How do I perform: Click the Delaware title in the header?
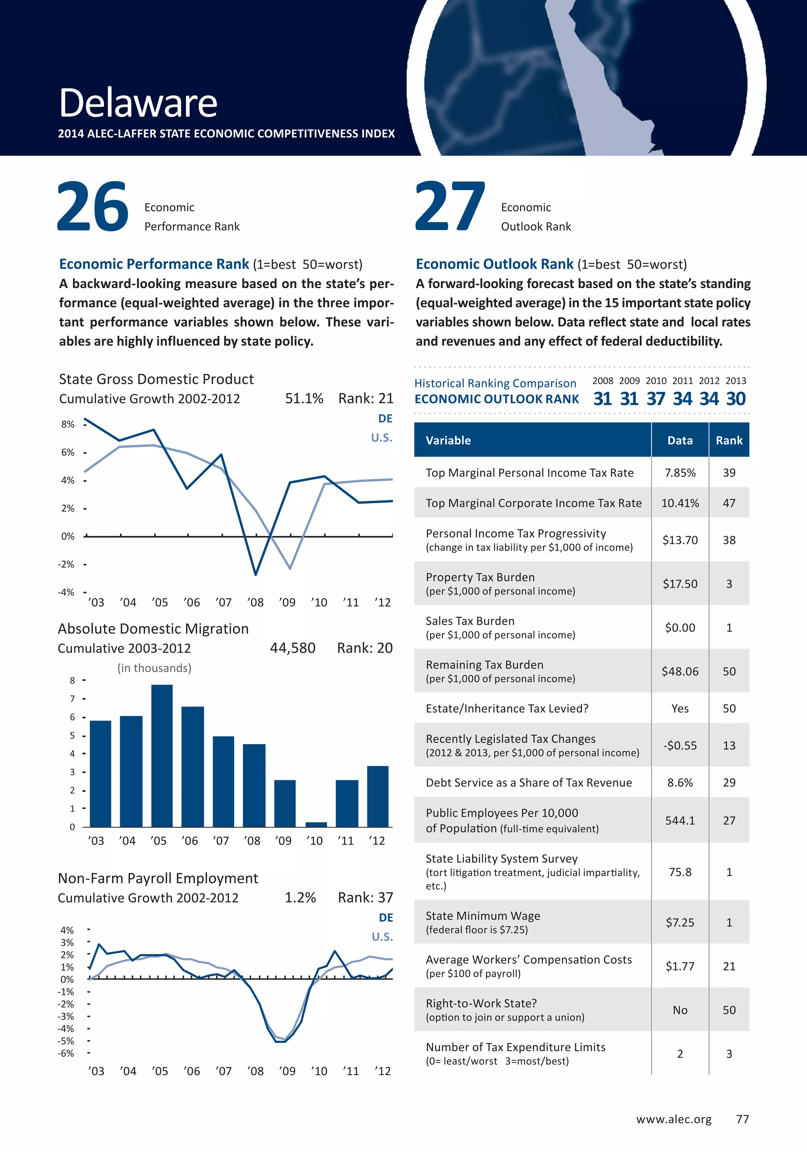tap(138, 103)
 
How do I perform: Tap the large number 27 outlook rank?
tap(450, 207)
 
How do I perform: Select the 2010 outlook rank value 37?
tap(656, 399)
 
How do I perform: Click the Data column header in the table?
tap(679, 441)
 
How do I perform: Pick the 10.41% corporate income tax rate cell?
tap(679, 503)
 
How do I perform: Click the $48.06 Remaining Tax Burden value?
tap(679, 671)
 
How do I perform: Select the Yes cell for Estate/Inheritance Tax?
tap(679, 708)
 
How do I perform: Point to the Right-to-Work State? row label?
tap(481, 1004)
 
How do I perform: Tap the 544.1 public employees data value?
tap(679, 820)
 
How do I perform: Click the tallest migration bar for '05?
tap(162, 755)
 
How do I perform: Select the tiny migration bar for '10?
tap(316, 824)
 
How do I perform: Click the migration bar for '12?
tap(377, 796)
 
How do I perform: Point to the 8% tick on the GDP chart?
tap(68, 424)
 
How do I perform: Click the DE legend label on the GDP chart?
tap(385, 419)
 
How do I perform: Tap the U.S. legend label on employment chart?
tap(382, 937)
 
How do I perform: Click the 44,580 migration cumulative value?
tap(293, 648)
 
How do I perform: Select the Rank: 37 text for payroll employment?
tap(365, 898)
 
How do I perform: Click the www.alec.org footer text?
tap(673, 1119)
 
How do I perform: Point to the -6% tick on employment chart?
tap(67, 1053)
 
